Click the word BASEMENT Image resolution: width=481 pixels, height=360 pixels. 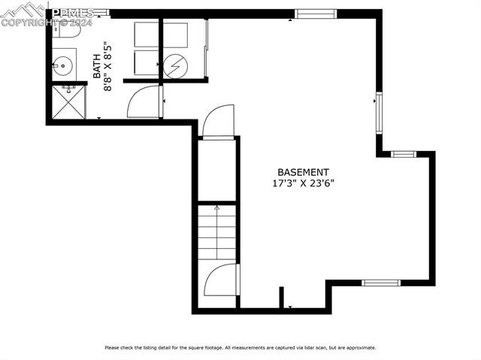click(x=303, y=171)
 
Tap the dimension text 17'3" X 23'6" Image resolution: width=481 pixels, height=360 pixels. click(x=303, y=183)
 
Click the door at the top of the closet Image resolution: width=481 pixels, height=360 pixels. click(x=217, y=122)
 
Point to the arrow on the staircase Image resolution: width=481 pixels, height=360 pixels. click(x=217, y=209)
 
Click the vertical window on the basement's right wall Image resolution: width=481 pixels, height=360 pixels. click(x=379, y=113)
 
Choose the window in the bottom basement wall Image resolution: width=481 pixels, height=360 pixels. click(x=380, y=283)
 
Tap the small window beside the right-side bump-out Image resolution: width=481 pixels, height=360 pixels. click(x=404, y=154)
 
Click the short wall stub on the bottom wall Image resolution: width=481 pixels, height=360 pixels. click(x=282, y=297)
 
